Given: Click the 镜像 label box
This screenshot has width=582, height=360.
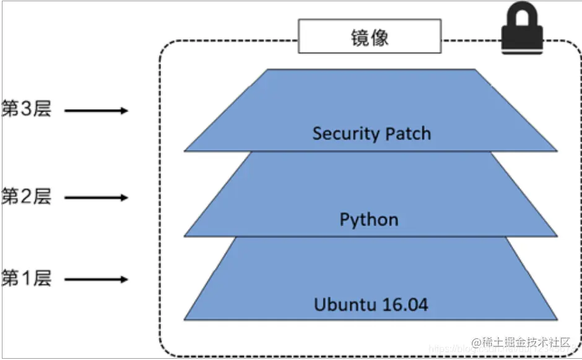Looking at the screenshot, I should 370,37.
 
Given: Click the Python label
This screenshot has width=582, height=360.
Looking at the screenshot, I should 369,220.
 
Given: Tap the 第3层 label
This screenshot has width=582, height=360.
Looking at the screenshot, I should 26,110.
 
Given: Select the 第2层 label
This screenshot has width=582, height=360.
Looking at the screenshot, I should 26,197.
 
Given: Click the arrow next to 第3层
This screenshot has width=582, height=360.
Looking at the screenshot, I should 96,111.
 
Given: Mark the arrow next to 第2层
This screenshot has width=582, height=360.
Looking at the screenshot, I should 96,198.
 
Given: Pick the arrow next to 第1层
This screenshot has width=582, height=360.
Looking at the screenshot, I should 96,279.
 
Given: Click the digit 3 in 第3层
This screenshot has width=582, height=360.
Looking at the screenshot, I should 26,110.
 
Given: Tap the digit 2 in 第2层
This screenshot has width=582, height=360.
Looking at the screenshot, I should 26,197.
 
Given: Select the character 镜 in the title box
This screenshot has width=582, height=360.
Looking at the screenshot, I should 360,37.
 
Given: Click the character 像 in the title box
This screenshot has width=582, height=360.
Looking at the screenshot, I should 380,37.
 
